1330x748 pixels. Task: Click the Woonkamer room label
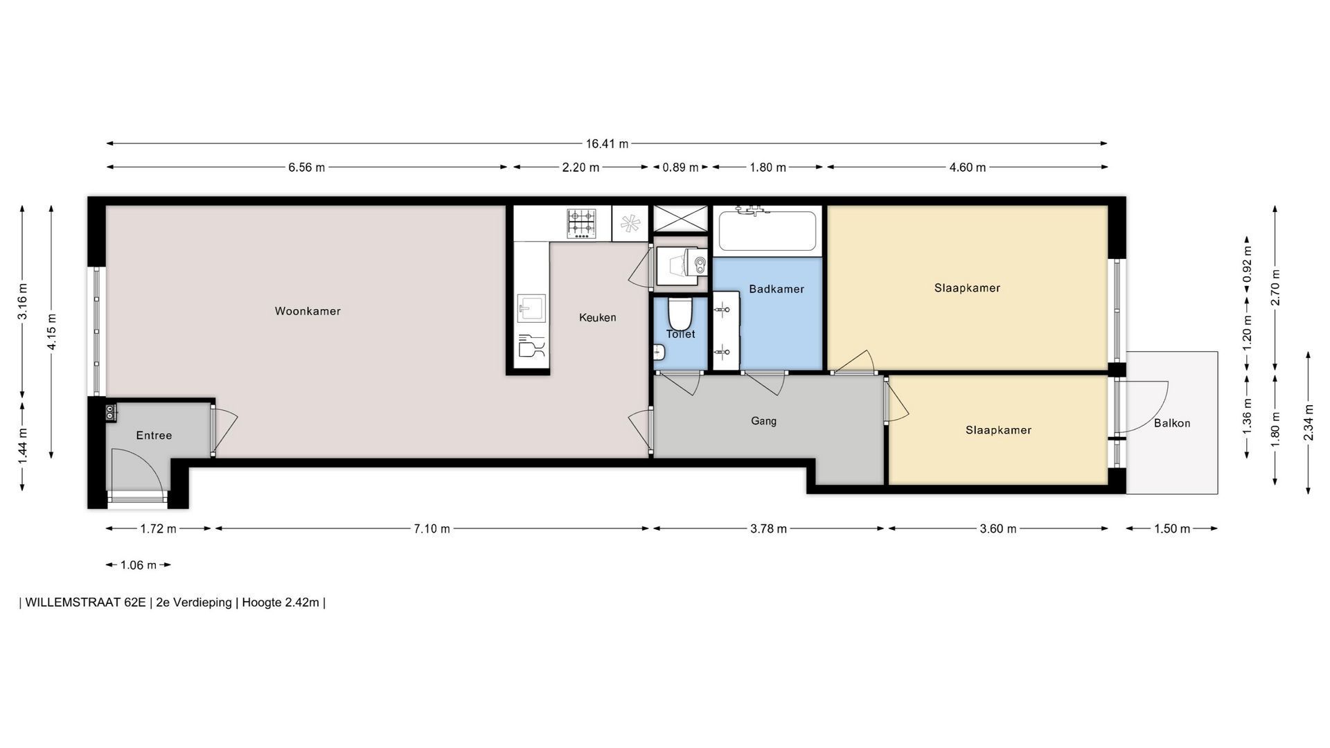point(308,311)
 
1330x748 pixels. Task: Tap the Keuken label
point(597,317)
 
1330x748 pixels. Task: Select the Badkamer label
point(777,289)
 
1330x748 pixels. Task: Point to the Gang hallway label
point(763,421)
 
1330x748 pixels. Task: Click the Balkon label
point(1172,423)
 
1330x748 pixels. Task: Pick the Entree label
point(154,435)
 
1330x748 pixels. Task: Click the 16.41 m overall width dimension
point(607,144)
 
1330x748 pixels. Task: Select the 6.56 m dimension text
point(307,168)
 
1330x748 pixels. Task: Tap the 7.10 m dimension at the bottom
point(432,529)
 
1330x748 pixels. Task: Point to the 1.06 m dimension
point(139,565)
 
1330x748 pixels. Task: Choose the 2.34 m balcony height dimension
point(1309,422)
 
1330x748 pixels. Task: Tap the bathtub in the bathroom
point(767,230)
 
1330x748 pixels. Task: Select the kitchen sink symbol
point(531,308)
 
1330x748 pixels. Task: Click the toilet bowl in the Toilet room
point(680,314)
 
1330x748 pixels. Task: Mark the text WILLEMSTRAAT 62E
point(85,603)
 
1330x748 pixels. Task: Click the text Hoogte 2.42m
point(281,603)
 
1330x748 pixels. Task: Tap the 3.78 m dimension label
point(769,529)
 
